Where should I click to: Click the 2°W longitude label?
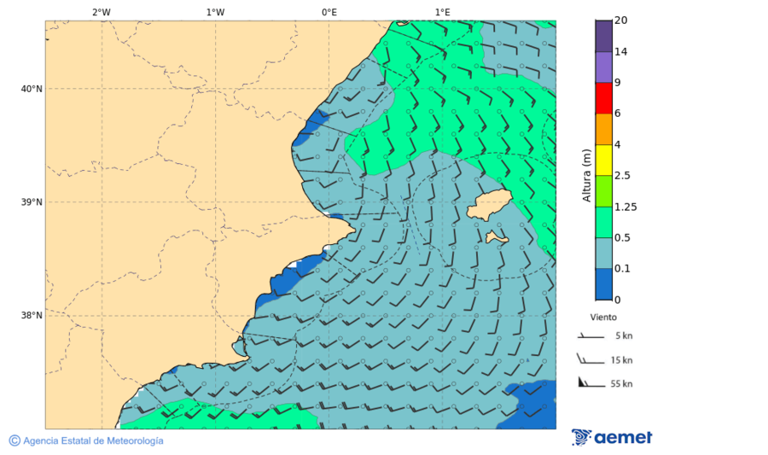(101, 12)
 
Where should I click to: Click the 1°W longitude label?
(215, 12)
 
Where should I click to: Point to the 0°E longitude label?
(329, 12)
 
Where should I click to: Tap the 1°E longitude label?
(442, 12)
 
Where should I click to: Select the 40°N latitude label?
(32, 89)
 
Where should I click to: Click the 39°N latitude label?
(32, 202)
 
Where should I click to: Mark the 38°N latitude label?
(32, 315)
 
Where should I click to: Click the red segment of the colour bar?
(603, 97)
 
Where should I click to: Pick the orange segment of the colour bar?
(603, 129)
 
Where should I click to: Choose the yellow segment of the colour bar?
(603, 160)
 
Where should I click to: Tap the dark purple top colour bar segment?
(603, 36)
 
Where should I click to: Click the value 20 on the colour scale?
(621, 20)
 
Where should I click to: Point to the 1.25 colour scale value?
(625, 207)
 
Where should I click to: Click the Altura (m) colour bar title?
(586, 175)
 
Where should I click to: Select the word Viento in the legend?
(603, 317)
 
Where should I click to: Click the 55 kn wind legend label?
(621, 384)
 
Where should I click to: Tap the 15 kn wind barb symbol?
(590, 359)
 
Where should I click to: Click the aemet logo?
(612, 437)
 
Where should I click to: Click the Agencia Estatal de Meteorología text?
(92, 440)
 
